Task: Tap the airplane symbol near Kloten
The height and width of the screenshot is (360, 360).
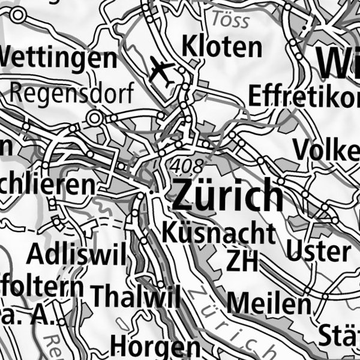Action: (161, 71)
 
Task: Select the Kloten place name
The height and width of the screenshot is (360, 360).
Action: (222, 46)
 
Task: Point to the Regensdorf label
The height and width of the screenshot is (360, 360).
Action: (71, 94)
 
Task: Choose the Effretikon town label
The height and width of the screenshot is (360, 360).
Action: (303, 96)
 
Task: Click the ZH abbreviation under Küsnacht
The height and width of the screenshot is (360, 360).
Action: (242, 260)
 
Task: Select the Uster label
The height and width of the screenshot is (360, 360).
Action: (318, 250)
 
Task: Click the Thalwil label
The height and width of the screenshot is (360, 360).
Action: (136, 295)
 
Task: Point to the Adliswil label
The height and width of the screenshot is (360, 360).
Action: (77, 256)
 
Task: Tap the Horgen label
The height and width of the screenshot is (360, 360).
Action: (155, 346)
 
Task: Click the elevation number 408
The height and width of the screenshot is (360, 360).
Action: (187, 165)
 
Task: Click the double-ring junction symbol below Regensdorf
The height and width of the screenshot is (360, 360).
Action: (94, 119)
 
